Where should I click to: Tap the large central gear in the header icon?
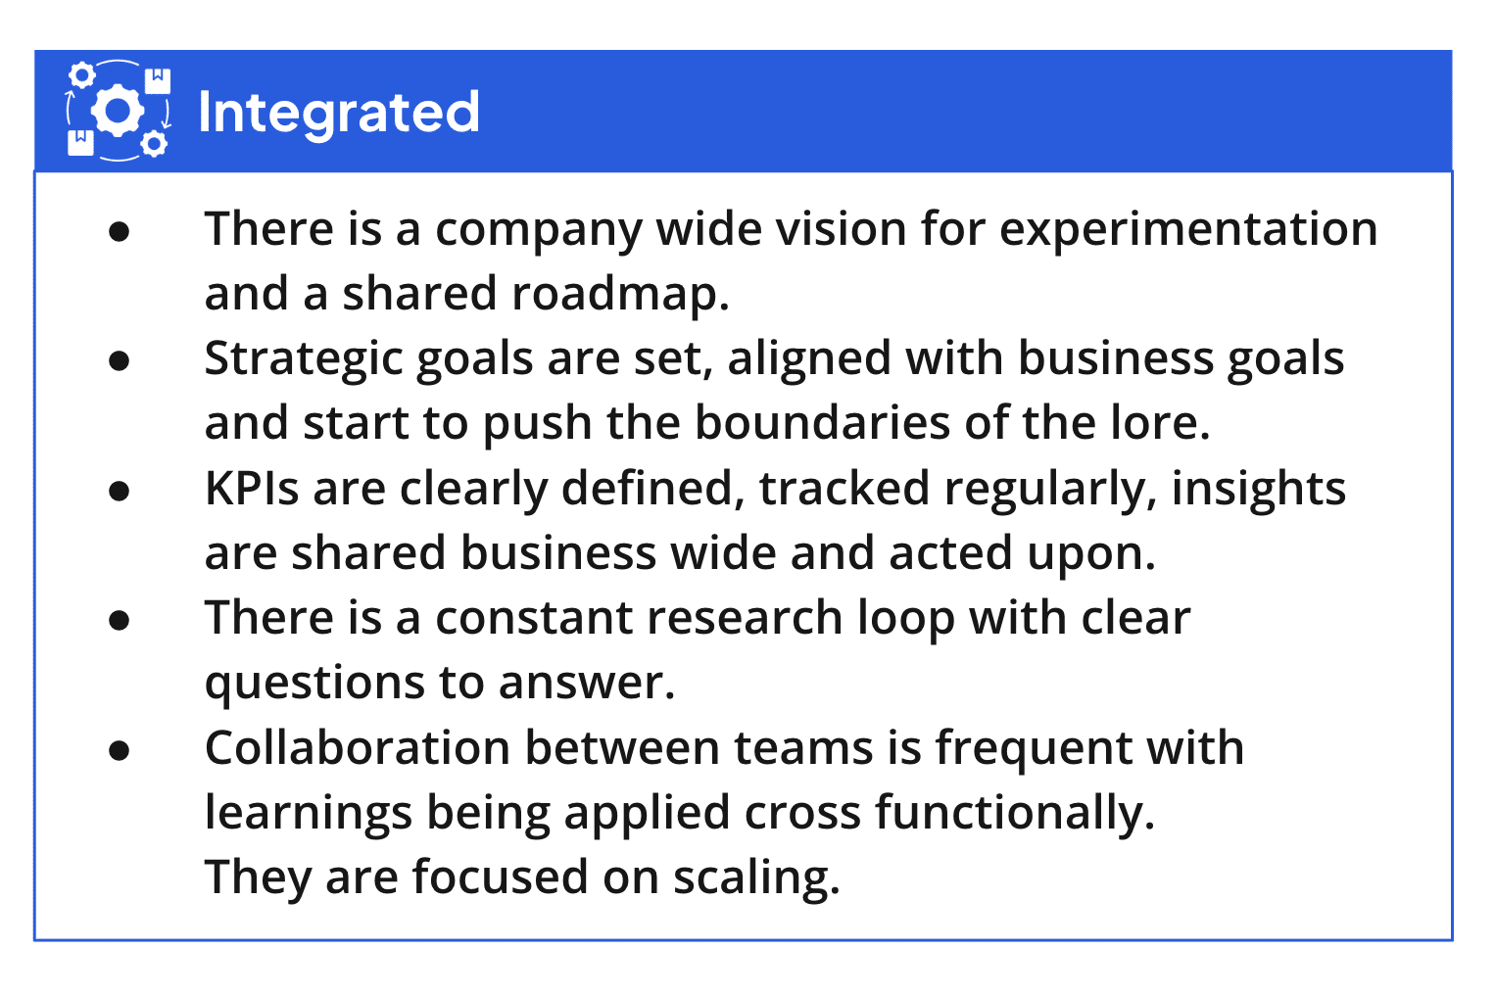(x=118, y=110)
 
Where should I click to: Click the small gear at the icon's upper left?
(x=82, y=74)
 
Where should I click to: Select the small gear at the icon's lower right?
(x=154, y=144)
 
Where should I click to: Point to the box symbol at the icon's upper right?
(x=158, y=80)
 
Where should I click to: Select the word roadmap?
(x=620, y=296)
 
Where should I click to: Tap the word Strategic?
(x=304, y=360)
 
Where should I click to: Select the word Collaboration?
(x=358, y=747)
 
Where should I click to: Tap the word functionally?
(x=1015, y=814)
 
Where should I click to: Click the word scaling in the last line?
(x=756, y=878)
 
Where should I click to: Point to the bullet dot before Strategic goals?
(x=119, y=361)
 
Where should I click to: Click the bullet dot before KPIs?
(x=119, y=492)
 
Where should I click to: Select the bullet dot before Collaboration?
(x=119, y=751)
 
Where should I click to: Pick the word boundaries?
(x=822, y=422)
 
